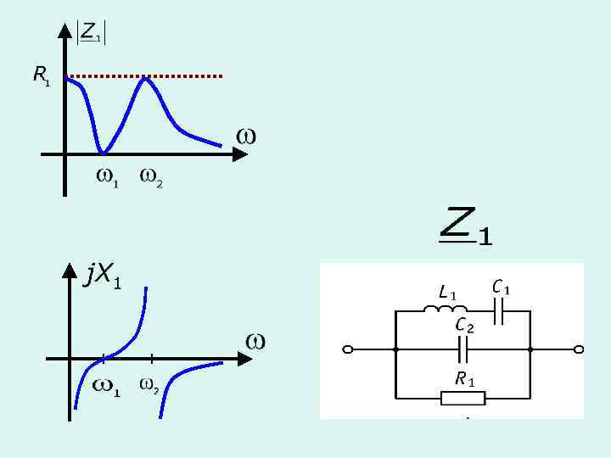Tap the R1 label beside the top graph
41,76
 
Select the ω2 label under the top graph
150,178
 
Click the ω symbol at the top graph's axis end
246,136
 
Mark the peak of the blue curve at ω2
146,78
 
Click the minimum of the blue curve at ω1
103,153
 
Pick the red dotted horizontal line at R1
187,76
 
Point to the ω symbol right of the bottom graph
255,341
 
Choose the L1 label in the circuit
447,293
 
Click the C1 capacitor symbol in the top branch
500,311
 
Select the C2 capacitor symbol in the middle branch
463,349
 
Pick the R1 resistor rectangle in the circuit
463,398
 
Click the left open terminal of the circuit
347,349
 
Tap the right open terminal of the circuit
579,349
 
